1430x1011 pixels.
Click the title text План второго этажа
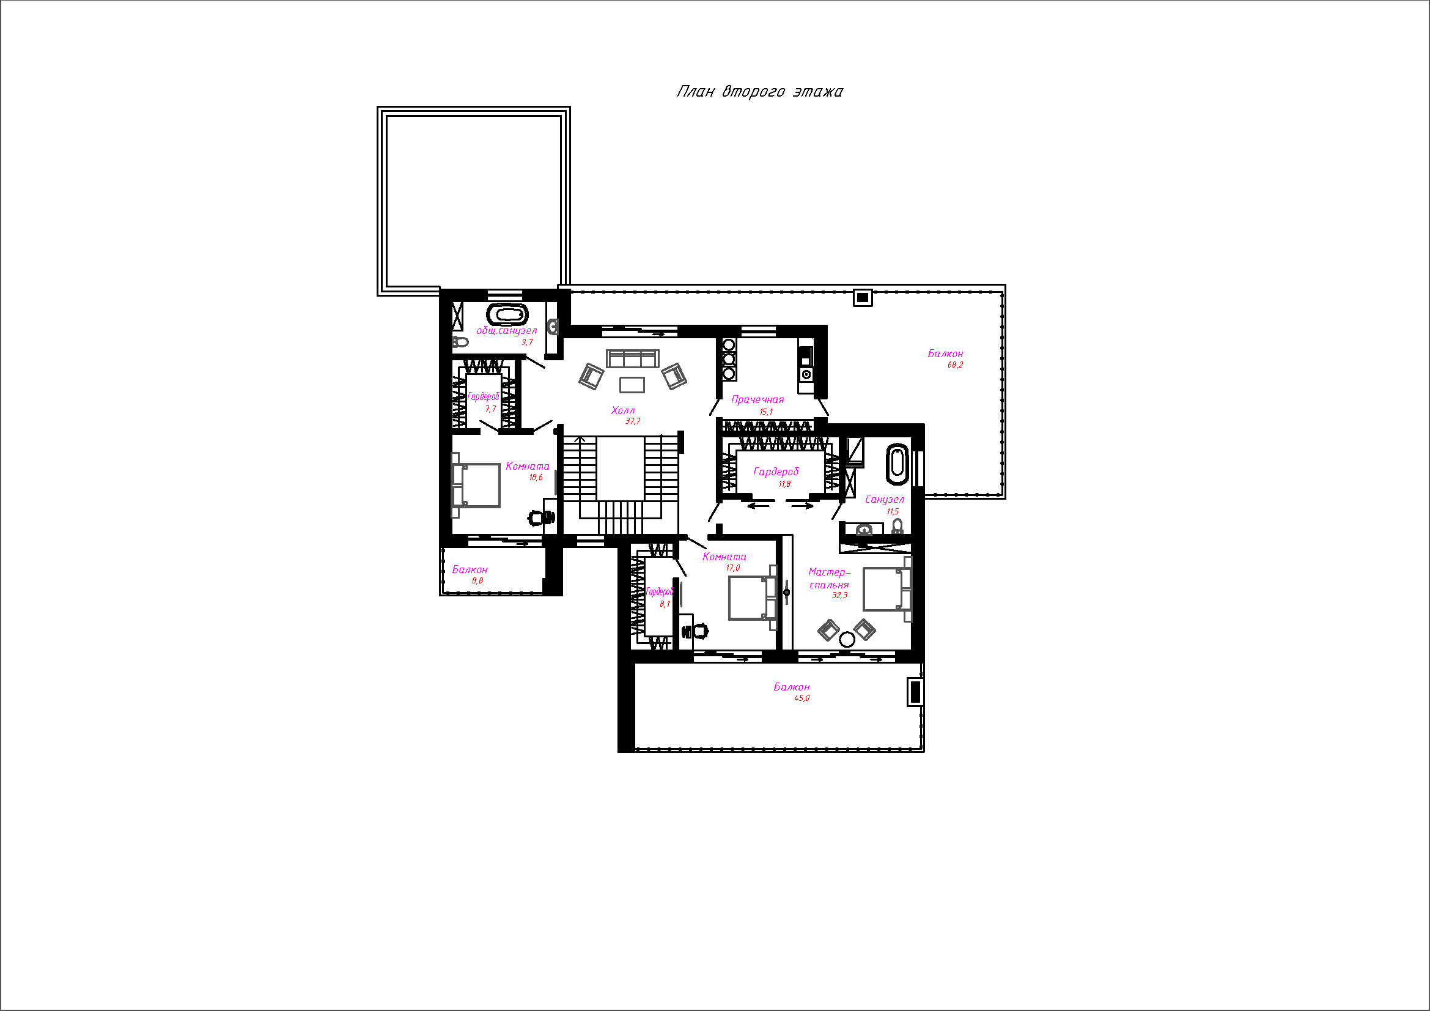click(760, 92)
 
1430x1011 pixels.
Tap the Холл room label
click(623, 410)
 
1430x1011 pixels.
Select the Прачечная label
click(757, 400)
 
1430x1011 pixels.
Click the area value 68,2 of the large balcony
click(955, 365)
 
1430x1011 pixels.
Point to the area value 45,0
click(802, 698)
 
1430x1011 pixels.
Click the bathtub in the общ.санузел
click(507, 314)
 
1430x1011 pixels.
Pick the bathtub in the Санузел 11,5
click(897, 464)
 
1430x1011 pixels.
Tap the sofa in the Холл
click(633, 359)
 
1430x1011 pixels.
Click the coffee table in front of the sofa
click(632, 385)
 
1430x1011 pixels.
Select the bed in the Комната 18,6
click(476, 485)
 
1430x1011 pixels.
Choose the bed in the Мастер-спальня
click(887, 588)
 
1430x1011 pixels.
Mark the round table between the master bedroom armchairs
click(846, 639)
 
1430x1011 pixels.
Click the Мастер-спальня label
click(829, 579)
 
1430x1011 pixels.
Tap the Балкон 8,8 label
click(470, 570)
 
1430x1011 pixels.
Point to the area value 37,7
click(633, 421)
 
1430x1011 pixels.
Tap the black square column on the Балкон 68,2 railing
click(863, 298)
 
